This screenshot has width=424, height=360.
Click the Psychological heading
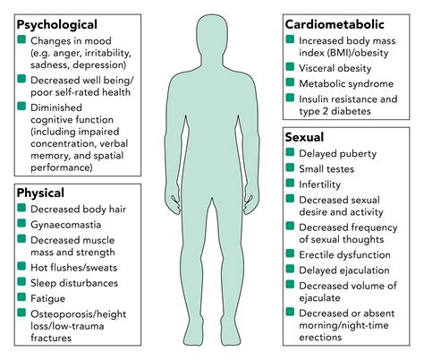click(x=57, y=25)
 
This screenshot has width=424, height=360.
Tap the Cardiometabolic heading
click(x=335, y=24)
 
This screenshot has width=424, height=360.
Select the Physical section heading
click(x=40, y=193)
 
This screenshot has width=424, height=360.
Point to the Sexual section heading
click(x=304, y=137)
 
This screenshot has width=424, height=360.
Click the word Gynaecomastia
click(x=65, y=225)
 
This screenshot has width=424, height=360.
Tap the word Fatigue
click(x=47, y=298)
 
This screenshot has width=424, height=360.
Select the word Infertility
click(x=319, y=184)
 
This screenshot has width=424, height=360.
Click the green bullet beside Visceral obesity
click(x=290, y=66)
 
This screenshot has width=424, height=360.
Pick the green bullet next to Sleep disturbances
click(x=21, y=281)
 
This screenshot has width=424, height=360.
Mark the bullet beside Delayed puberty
click(x=290, y=151)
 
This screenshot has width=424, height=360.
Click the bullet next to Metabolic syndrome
click(x=290, y=81)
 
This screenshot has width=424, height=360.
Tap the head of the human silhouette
click(x=212, y=36)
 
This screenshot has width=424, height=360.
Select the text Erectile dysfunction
click(x=344, y=255)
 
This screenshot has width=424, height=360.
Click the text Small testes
click(x=326, y=169)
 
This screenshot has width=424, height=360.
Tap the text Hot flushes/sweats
click(x=74, y=268)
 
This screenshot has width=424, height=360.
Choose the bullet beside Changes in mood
click(x=21, y=39)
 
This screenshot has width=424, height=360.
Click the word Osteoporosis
click(x=62, y=314)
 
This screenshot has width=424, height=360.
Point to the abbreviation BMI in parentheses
click(x=337, y=53)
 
